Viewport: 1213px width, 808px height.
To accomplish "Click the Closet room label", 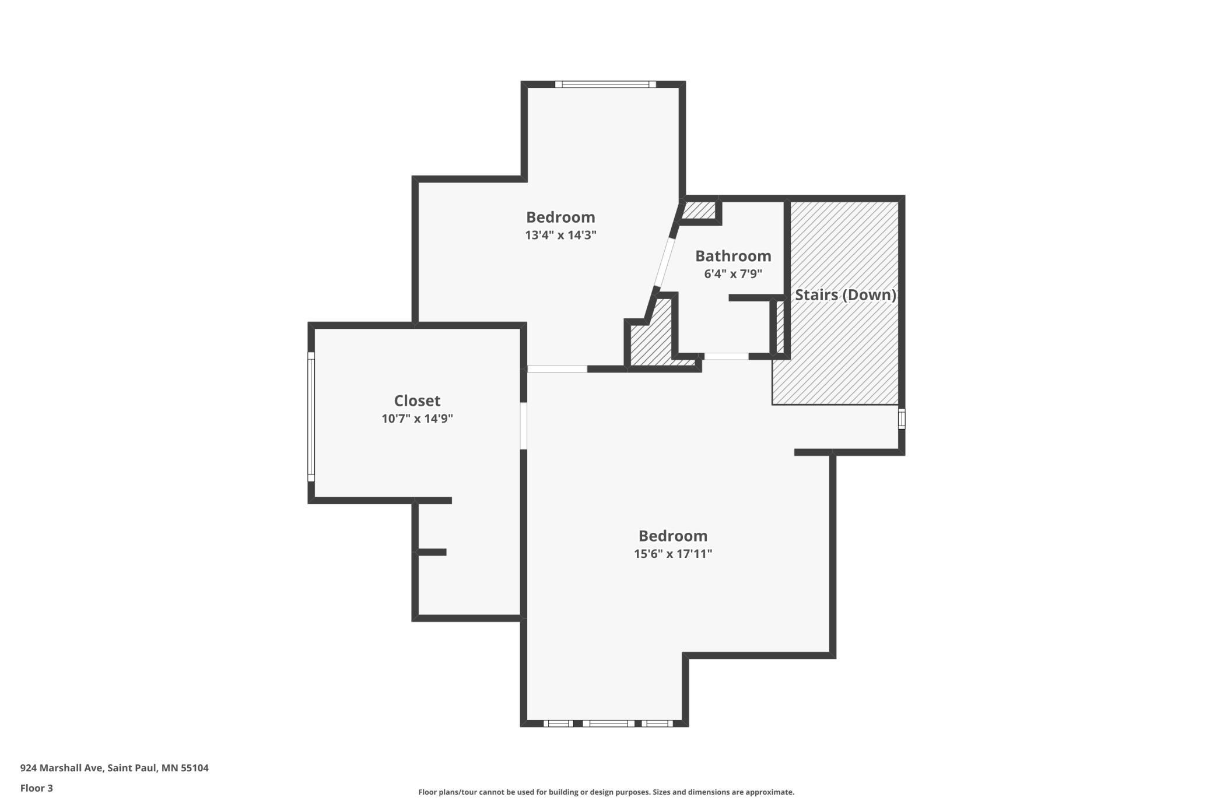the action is coord(417,401).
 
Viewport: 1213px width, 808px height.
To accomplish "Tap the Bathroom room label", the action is coord(733,256).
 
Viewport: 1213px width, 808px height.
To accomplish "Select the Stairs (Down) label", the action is coord(846,295).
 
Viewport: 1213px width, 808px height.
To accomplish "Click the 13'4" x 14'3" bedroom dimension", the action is coord(560,235).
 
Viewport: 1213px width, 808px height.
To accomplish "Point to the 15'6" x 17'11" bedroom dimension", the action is coord(673,553).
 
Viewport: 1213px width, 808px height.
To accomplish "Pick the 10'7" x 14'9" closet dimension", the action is coord(417,419).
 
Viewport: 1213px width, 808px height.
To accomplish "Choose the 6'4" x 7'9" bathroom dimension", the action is coord(733,274).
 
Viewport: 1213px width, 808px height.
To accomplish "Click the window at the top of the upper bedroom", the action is coord(605,85).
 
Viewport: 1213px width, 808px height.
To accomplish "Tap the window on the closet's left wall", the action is coord(311,416).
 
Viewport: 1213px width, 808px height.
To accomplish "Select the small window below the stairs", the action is coord(902,419).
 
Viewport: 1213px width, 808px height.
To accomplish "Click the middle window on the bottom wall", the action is coord(608,723).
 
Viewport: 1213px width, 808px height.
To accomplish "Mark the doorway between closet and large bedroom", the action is coord(524,426).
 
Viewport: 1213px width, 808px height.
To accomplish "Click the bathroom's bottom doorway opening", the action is coord(726,356).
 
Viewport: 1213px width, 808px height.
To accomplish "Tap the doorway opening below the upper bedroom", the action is coord(557,369).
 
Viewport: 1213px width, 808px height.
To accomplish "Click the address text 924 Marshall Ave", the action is coord(62,768).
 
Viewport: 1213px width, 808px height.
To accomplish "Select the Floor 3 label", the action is coord(37,788).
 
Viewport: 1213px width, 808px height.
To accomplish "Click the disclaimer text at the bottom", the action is coord(606,792).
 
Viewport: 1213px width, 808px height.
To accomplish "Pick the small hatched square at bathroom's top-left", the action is coord(699,210).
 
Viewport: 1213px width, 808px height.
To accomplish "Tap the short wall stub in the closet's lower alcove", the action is coord(431,552).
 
